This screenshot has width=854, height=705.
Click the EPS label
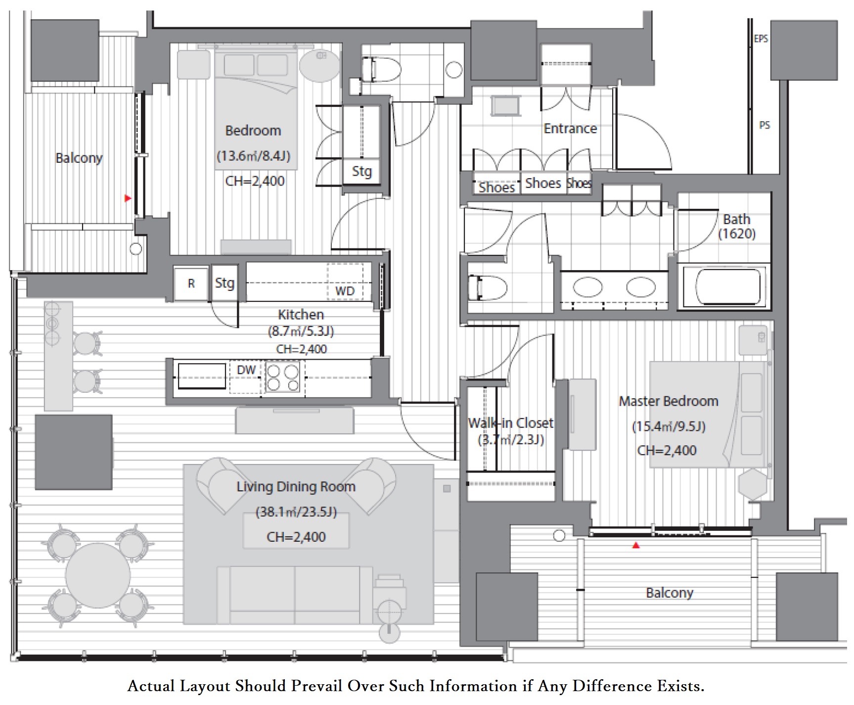[761, 39]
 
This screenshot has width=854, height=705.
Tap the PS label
[764, 125]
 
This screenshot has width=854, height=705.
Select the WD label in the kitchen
[345, 291]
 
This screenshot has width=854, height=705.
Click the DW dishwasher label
[246, 370]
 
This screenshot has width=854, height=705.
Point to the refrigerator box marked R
[191, 283]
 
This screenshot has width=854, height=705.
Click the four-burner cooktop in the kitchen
[283, 378]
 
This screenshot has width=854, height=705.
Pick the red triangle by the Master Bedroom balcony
[636, 546]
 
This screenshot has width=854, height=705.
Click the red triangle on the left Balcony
[128, 198]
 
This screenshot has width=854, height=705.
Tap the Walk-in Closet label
[511, 423]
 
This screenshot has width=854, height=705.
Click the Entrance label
[570, 129]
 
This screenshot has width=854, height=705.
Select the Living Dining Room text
[296, 487]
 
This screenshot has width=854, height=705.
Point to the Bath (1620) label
[737, 226]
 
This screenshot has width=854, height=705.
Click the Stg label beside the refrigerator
[225, 283]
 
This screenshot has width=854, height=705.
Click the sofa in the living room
[295, 595]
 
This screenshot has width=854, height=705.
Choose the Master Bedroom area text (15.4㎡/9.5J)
[669, 426]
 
